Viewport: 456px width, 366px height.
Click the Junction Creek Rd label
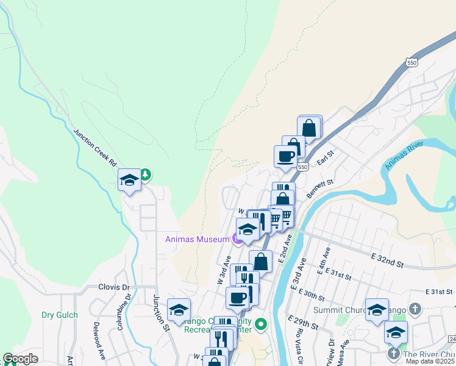point(94,148)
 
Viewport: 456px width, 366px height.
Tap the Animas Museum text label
point(196,239)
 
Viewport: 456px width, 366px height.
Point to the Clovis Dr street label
point(114,287)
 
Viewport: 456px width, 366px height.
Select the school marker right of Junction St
point(179,310)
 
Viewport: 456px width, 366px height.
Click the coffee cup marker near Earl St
point(285,157)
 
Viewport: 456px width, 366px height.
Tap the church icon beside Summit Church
point(416,310)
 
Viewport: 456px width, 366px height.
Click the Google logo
point(20,359)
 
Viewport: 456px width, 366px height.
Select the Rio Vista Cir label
point(300,345)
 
